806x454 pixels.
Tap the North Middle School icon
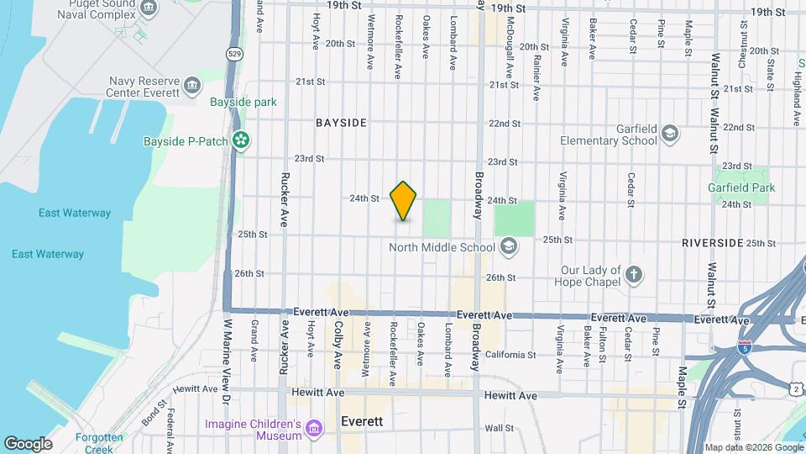tap(507, 246)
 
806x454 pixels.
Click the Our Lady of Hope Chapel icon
tap(634, 275)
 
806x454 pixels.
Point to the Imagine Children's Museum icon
tap(314, 429)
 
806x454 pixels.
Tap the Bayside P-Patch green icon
tap(241, 140)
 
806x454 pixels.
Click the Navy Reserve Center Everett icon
tap(193, 86)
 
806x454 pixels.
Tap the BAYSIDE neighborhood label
tap(341, 123)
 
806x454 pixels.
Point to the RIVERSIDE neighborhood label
tap(713, 243)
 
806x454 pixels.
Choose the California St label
tap(510, 355)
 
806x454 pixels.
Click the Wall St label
tap(499, 428)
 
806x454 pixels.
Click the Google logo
tap(28, 443)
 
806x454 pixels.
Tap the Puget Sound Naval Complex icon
tap(149, 8)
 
